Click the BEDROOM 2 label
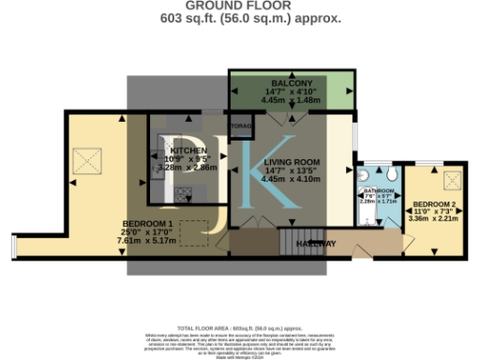click(435, 203)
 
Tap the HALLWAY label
click(317, 243)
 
